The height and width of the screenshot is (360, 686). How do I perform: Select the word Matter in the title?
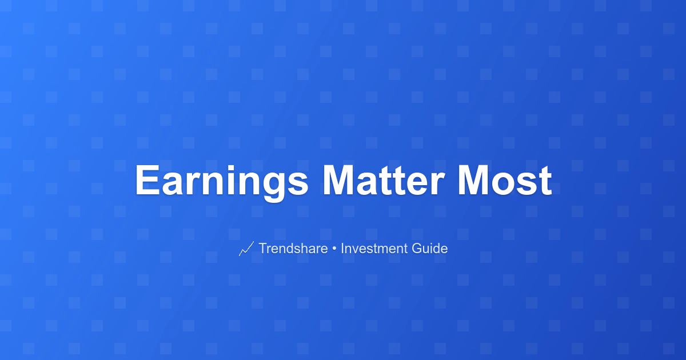pyautogui.click(x=384, y=180)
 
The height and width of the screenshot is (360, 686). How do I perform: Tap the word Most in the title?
pyautogui.click(x=505, y=180)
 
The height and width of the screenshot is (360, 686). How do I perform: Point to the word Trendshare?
pyautogui.click(x=293, y=248)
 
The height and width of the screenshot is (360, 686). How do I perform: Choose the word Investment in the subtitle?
pyautogui.click(x=376, y=248)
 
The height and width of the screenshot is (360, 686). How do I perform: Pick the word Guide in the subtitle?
pyautogui.click(x=430, y=248)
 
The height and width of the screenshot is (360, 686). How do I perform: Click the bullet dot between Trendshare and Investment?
pyautogui.click(x=334, y=249)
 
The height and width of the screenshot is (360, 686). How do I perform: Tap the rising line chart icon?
pyautogui.click(x=246, y=249)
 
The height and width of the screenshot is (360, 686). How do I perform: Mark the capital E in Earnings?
pyautogui.click(x=147, y=180)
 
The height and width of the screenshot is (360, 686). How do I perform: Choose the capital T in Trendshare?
pyautogui.click(x=264, y=248)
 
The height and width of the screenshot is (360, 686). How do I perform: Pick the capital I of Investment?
pyautogui.click(x=342, y=248)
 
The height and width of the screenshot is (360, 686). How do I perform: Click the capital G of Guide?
pyautogui.click(x=417, y=248)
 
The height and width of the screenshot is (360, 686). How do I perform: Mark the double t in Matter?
pyautogui.click(x=397, y=181)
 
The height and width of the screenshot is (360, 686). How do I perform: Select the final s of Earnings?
pyautogui.click(x=297, y=184)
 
